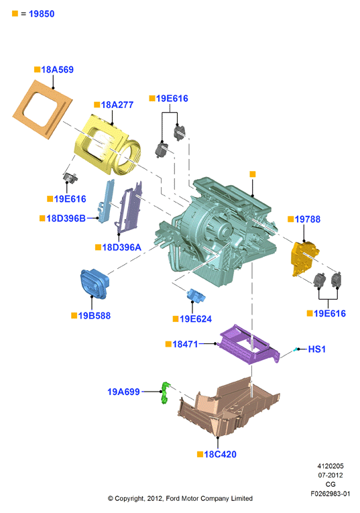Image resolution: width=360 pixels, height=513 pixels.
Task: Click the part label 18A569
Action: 57,69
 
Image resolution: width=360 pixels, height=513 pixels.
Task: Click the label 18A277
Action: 117,105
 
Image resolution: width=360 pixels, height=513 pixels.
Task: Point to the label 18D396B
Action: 66,218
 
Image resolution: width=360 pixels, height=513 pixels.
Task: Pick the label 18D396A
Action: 121,247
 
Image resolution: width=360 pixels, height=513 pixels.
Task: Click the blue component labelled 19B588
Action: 94,284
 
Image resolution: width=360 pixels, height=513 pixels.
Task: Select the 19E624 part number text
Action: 196,319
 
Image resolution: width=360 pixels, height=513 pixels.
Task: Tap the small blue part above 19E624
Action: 196,296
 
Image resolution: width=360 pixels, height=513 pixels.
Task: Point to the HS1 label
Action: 317,349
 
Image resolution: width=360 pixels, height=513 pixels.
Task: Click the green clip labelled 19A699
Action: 166,392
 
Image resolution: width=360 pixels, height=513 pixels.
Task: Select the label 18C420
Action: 220,454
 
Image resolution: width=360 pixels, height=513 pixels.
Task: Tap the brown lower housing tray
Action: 229,410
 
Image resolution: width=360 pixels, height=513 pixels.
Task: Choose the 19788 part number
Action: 307,219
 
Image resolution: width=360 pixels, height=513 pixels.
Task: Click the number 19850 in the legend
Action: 42,13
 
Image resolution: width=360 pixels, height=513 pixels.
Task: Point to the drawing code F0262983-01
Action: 331,494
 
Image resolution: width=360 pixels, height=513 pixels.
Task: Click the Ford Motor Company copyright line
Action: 180,498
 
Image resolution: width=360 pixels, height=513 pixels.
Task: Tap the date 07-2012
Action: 331,475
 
